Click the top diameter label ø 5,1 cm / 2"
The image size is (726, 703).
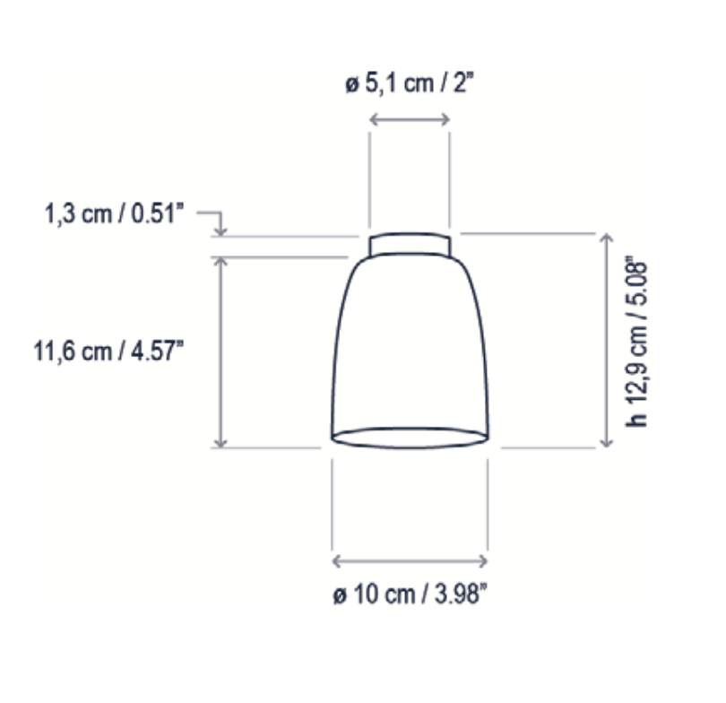pos(410,85)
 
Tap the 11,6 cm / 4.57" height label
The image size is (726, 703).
pos(109,351)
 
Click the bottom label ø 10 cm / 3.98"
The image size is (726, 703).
pos(411,595)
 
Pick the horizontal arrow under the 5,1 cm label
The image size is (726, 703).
pos(410,118)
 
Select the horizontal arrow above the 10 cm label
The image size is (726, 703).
pos(410,561)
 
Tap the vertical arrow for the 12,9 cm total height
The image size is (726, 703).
pos(606,341)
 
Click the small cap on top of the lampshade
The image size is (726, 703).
pos(410,244)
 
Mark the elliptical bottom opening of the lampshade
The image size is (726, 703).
pos(410,438)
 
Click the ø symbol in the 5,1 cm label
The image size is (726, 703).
pos(352,86)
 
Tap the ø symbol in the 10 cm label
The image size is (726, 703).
pos(338,596)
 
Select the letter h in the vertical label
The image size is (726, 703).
pos(637,419)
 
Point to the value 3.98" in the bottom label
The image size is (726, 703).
pos(458,595)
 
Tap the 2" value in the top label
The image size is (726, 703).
pos(461,85)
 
